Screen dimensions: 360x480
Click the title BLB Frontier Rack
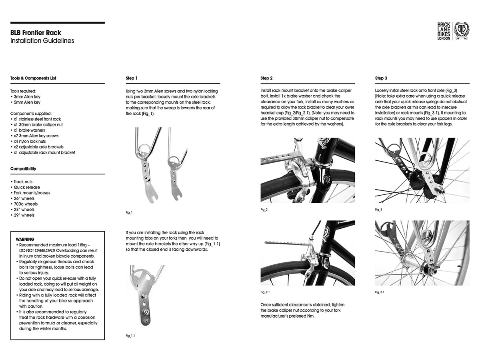point(36,33)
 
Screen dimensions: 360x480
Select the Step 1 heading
point(132,78)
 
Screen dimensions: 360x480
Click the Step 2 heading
point(266,78)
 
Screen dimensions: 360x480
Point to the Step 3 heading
point(381,78)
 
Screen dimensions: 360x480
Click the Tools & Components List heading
point(33,78)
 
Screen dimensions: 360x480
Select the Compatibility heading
point(23,169)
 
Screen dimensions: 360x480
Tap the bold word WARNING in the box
point(25,239)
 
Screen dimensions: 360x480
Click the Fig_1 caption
point(129,212)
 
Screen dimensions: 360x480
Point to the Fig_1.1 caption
point(130,336)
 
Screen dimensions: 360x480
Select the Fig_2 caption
point(264,210)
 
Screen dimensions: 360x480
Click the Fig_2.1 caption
point(265,292)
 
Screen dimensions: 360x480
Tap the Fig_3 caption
point(379,210)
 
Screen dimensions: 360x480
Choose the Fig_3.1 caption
point(380,292)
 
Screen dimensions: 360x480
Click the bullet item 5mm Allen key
point(26,102)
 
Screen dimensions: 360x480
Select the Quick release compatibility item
point(26,187)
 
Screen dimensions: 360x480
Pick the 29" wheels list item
point(24,215)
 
